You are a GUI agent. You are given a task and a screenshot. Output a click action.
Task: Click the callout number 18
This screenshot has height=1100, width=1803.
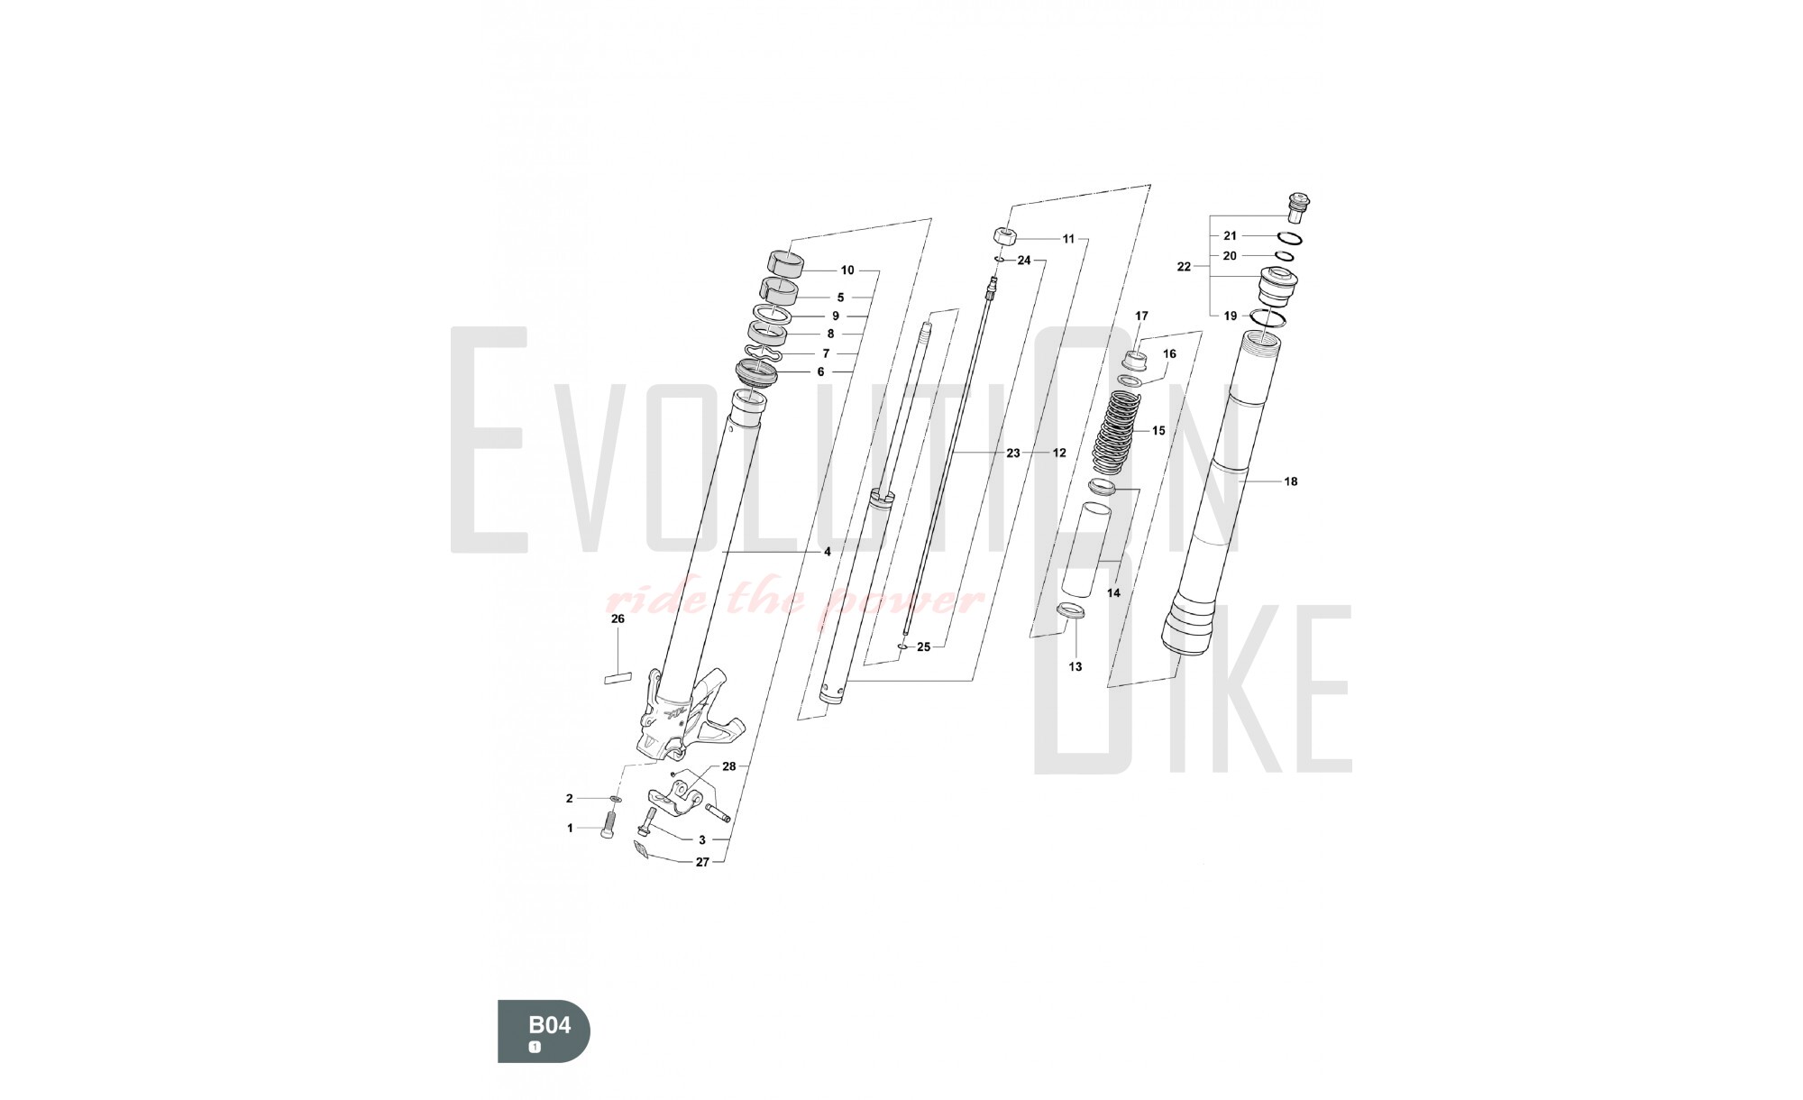coord(1291,481)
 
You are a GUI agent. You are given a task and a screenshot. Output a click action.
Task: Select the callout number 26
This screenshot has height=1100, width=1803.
coord(618,619)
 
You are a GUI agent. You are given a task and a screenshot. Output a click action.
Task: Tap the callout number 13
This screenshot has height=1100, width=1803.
coord(1075,667)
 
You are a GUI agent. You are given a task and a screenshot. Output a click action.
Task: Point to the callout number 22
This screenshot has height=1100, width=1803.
coord(1185,267)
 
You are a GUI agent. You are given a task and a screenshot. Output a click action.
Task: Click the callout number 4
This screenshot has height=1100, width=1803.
coord(827,552)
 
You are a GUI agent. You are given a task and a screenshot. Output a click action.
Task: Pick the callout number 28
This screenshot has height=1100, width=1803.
coord(729,766)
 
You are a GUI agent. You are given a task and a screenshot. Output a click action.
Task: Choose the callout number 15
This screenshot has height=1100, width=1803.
coord(1158,431)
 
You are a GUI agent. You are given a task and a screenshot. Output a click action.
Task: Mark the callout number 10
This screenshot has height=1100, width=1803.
coord(847,270)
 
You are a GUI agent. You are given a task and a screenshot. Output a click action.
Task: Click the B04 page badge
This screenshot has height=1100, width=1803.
coord(545,1031)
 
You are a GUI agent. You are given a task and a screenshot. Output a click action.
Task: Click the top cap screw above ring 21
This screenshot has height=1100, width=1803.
coord(1297,207)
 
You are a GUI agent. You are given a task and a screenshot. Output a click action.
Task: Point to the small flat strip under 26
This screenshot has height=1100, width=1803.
coord(618,677)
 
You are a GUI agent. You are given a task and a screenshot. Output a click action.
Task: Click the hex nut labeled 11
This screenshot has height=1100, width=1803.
coord(1006,236)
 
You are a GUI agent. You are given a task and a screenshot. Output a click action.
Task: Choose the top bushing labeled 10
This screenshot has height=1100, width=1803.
coord(785,261)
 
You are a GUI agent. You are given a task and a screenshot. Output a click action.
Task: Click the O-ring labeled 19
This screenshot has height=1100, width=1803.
coord(1268,318)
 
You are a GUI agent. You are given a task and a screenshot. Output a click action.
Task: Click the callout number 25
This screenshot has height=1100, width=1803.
coord(923,647)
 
